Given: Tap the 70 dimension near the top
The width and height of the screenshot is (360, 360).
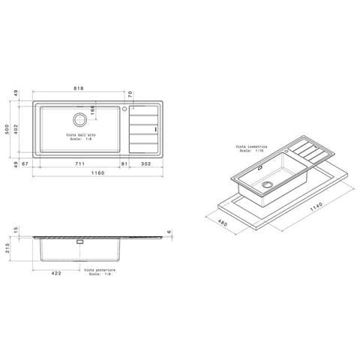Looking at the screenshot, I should pyautogui.click(x=130, y=94).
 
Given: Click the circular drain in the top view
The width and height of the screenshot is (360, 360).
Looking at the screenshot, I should pyautogui.click(x=79, y=119).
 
